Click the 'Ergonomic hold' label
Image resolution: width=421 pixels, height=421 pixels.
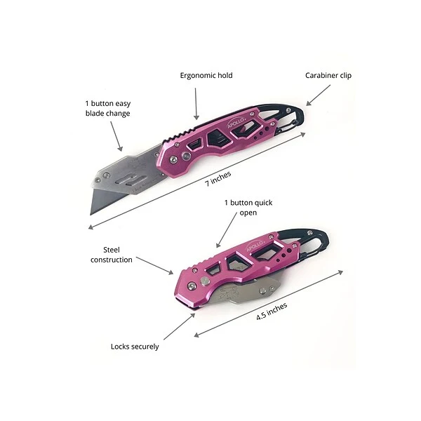point(206,75)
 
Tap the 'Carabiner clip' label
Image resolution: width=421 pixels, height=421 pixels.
point(328,75)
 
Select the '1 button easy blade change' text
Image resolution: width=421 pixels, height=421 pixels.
point(107,108)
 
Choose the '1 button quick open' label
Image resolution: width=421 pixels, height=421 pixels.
point(248,208)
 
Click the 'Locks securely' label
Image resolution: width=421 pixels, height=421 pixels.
point(135,346)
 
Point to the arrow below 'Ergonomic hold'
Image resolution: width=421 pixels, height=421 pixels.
point(197,102)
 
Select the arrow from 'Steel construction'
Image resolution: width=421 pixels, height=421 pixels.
point(154,265)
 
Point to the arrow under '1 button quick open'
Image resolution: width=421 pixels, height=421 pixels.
point(227,231)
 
